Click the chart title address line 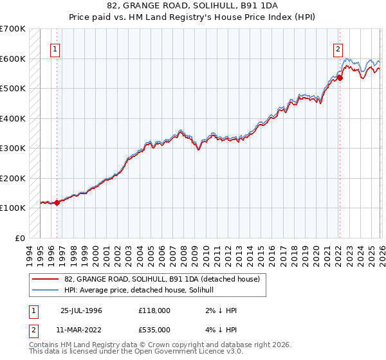pyautogui.click(x=193, y=5)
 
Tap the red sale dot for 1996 pyautogui.click(x=57, y=203)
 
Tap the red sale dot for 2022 pyautogui.click(x=340, y=78)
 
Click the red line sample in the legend pyautogui.click(x=46, y=279)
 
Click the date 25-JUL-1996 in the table pyautogui.click(x=81, y=310)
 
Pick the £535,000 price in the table pyautogui.click(x=154, y=330)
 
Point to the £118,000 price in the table pyautogui.click(x=154, y=310)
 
